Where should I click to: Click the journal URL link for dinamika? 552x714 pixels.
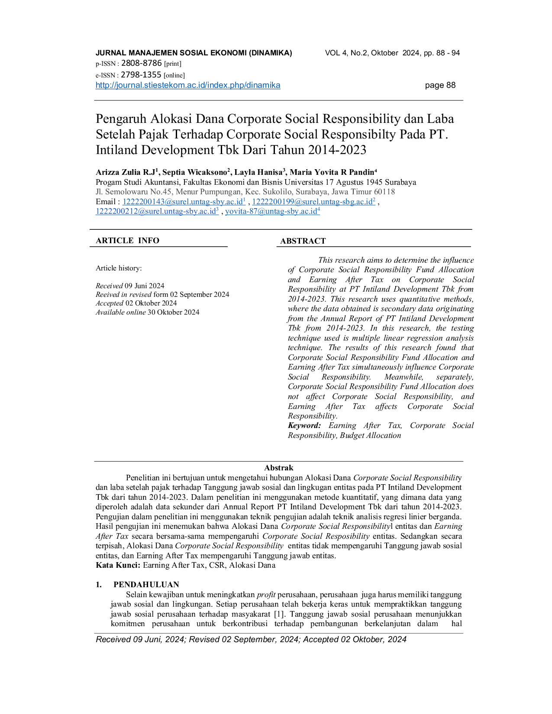pos(188,85)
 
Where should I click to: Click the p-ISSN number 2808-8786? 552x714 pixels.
pos(142,63)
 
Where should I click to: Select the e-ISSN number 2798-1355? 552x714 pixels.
pos(141,74)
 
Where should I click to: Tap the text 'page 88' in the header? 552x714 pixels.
pos(440,85)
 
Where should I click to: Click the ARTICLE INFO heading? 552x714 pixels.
pos(128,241)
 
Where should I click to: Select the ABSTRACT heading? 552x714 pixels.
pos(303,241)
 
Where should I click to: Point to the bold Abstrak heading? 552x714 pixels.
pos(279,468)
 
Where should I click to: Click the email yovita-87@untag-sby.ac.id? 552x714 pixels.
pos(272,211)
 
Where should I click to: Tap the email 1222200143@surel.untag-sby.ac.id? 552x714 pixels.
pos(184,201)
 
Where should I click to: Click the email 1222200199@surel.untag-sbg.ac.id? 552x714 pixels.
pos(313,201)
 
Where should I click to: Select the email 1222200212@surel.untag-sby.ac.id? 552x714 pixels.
pos(157,211)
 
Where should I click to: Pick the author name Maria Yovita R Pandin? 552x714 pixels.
pos(332,172)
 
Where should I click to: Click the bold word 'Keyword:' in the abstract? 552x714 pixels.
pos(304,425)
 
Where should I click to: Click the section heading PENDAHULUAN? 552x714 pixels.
pos(146,585)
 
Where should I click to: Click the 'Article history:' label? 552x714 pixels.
pos(119,268)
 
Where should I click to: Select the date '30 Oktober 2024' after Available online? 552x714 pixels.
pos(173,312)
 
